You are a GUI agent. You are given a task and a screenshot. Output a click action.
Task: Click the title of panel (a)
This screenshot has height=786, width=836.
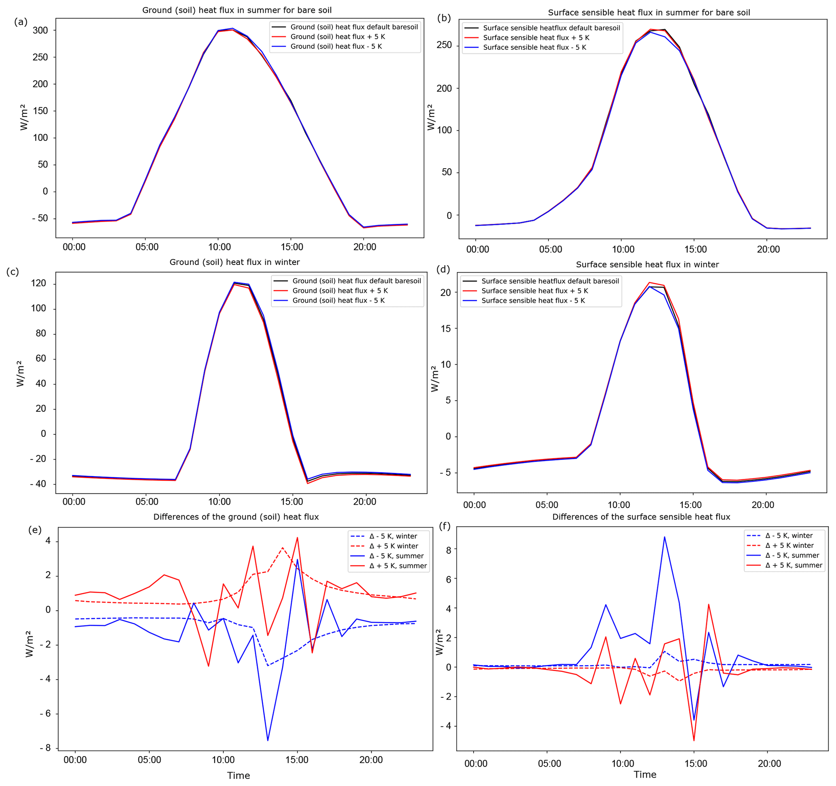click(x=237, y=10)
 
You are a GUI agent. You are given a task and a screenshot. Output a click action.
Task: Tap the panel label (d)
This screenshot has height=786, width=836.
click(x=444, y=269)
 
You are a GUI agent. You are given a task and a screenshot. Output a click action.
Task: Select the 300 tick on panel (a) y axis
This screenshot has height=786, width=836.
click(x=40, y=30)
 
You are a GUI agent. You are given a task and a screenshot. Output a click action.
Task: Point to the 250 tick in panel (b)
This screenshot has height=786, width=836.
click(x=444, y=45)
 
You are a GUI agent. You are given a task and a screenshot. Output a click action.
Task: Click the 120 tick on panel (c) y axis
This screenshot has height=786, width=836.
click(x=38, y=284)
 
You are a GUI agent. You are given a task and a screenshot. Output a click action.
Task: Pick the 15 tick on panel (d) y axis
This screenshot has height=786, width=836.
click(x=446, y=328)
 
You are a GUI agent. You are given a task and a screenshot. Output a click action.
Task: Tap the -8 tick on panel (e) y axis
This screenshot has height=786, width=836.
click(x=45, y=748)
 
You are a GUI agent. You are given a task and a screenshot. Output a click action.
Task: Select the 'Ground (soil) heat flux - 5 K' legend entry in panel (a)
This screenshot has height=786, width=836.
click(x=336, y=46)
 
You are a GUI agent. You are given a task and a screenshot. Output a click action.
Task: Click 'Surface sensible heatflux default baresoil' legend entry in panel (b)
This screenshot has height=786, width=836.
click(x=551, y=28)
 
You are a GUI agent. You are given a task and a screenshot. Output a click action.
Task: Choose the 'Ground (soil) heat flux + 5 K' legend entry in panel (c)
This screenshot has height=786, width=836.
click(x=340, y=290)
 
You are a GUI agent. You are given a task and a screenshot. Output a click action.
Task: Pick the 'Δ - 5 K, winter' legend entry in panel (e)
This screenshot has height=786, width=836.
click(x=393, y=536)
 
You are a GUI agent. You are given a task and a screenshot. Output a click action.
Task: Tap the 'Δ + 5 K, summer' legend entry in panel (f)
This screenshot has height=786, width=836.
click(x=794, y=565)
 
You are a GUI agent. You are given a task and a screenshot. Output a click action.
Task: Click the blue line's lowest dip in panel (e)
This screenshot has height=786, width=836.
click(x=268, y=740)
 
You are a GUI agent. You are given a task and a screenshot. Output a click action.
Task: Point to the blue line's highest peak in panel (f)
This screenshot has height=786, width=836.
click(x=665, y=537)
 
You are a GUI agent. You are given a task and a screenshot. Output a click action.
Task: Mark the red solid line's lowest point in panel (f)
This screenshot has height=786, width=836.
click(x=694, y=741)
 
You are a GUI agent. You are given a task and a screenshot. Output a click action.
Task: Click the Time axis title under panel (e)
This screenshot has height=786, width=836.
click(x=239, y=775)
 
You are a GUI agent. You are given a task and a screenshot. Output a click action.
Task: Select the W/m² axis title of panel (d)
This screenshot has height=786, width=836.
click(x=434, y=379)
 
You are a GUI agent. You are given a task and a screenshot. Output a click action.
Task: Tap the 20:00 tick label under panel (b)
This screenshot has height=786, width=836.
click(x=768, y=249)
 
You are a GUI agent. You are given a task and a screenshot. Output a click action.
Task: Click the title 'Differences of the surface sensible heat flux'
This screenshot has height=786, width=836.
click(x=641, y=517)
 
